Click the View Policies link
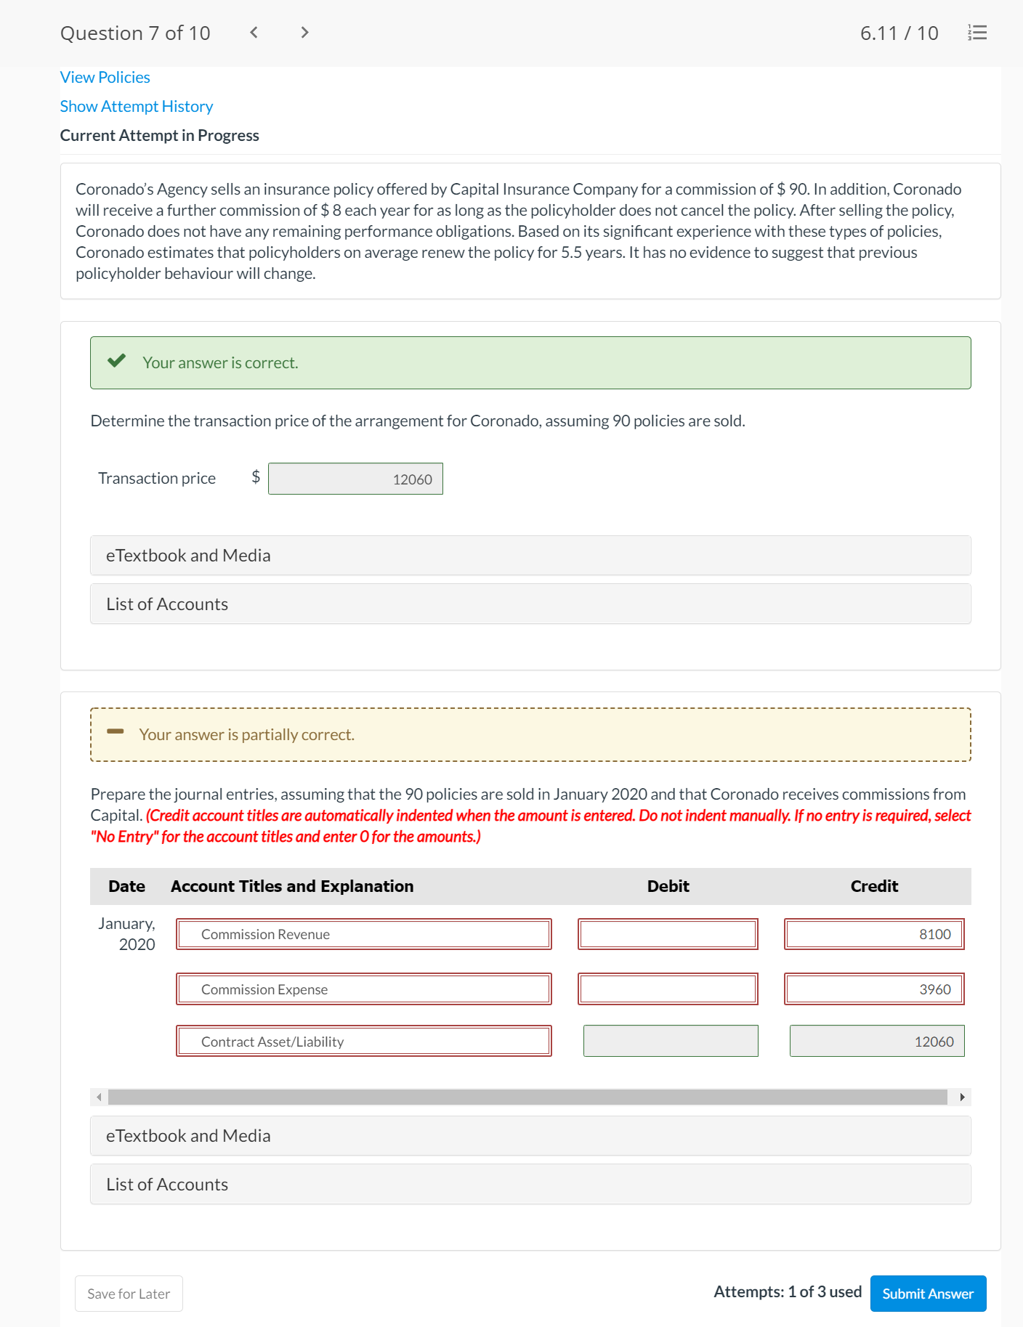105,77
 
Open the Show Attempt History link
136,106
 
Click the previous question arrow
254,32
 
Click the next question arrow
304,32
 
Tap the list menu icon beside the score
977,33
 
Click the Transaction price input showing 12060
355,479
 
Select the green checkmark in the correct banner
116,361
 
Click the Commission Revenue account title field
363,934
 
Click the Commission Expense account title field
363,989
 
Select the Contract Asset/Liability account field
363,1042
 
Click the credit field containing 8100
874,934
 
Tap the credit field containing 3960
874,989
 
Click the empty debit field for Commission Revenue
668,934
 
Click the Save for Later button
129,1294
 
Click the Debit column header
668,886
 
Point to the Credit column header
874,886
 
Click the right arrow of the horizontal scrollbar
962,1097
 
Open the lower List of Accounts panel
530,1185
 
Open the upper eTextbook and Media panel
530,556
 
